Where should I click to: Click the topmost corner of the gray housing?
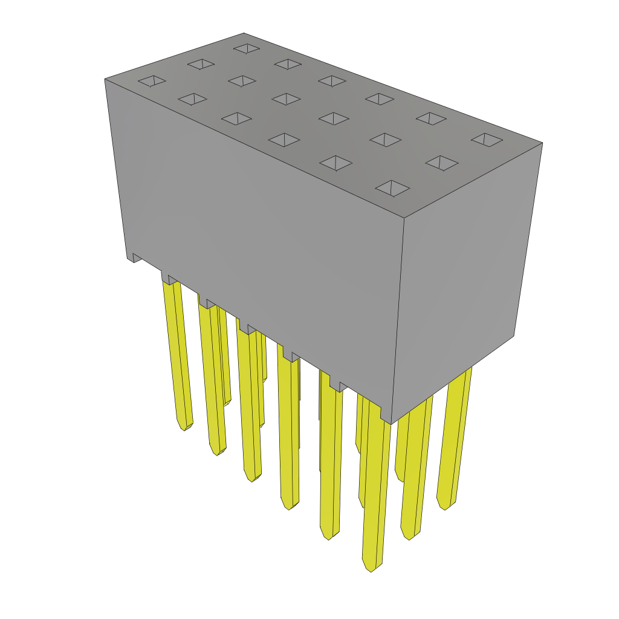coord(244,34)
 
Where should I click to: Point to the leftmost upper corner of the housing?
coord(105,79)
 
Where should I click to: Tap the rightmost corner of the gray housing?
coord(542,143)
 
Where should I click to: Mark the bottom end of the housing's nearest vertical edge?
coord(391,423)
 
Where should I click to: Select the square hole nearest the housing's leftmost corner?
coord(152,80)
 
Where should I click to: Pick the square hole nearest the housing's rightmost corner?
coord(487,140)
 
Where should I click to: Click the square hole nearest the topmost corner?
coord(247,48)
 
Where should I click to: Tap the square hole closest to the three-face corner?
coord(392,189)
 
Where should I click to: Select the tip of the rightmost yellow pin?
coord(446,508)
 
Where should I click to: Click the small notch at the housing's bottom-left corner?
coord(135,258)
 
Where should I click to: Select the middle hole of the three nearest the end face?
coord(441,163)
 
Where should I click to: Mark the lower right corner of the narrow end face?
coord(514,336)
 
